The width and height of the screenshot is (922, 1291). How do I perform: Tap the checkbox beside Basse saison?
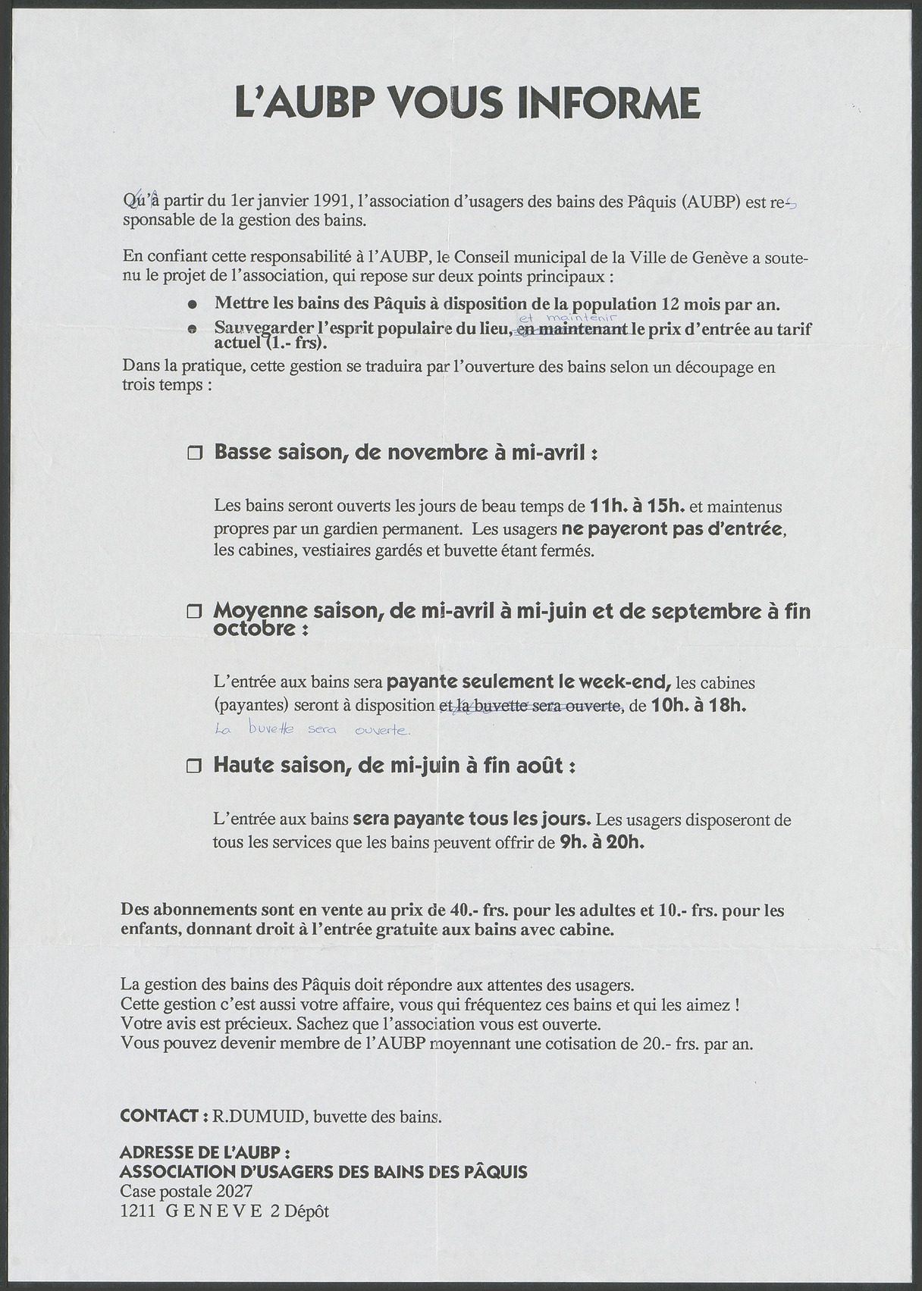[196, 454]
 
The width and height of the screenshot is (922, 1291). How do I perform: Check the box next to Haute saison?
[195, 766]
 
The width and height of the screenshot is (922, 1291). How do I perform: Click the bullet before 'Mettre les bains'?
[193, 304]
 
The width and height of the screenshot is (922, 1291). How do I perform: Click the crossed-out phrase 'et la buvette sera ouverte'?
[531, 706]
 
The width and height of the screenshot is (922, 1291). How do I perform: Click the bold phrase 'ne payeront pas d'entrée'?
[672, 528]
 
